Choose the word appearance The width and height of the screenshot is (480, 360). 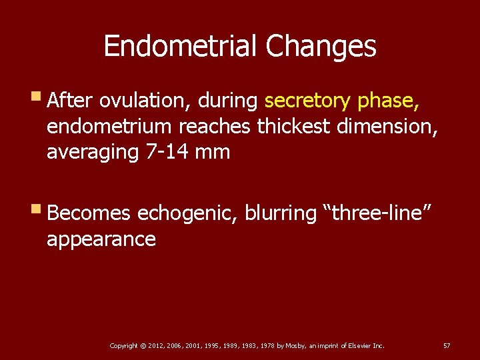(x=101, y=239)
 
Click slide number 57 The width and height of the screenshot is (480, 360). (x=447, y=346)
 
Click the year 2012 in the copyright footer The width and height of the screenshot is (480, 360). (x=155, y=346)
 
